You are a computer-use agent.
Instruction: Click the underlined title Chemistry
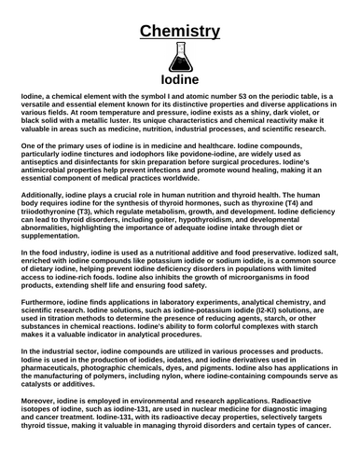180,31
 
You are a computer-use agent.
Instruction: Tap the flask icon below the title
180,59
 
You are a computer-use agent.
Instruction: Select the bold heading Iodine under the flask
180,81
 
